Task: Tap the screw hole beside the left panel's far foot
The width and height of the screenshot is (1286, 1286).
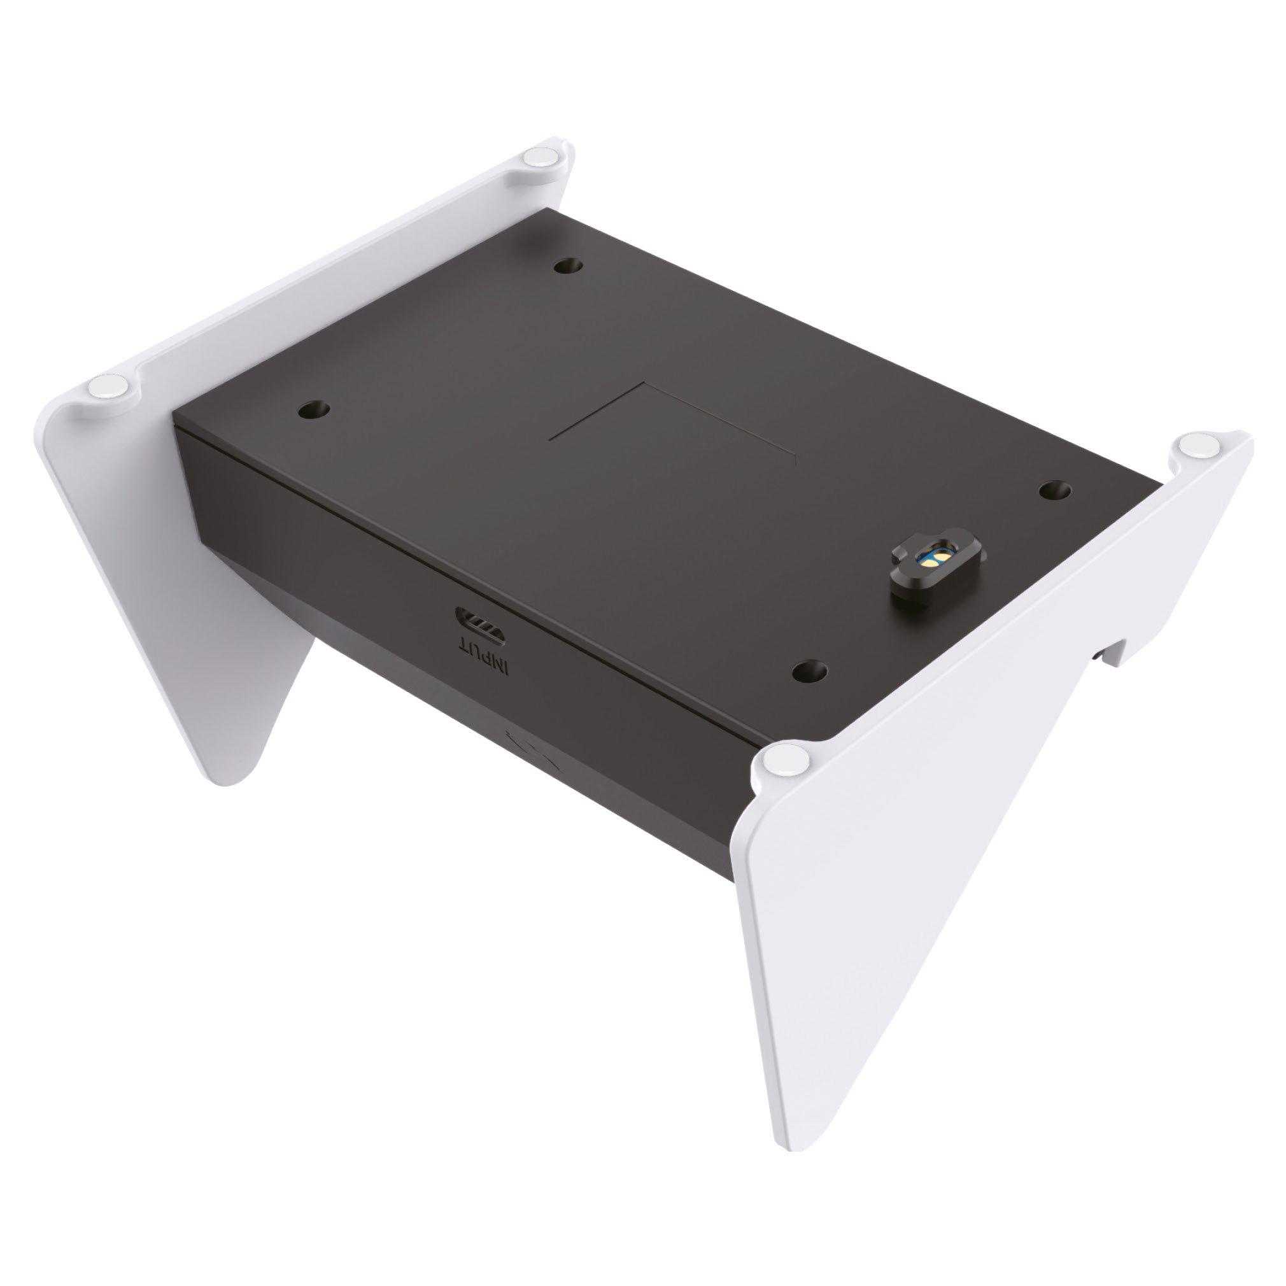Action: pos(568,265)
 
